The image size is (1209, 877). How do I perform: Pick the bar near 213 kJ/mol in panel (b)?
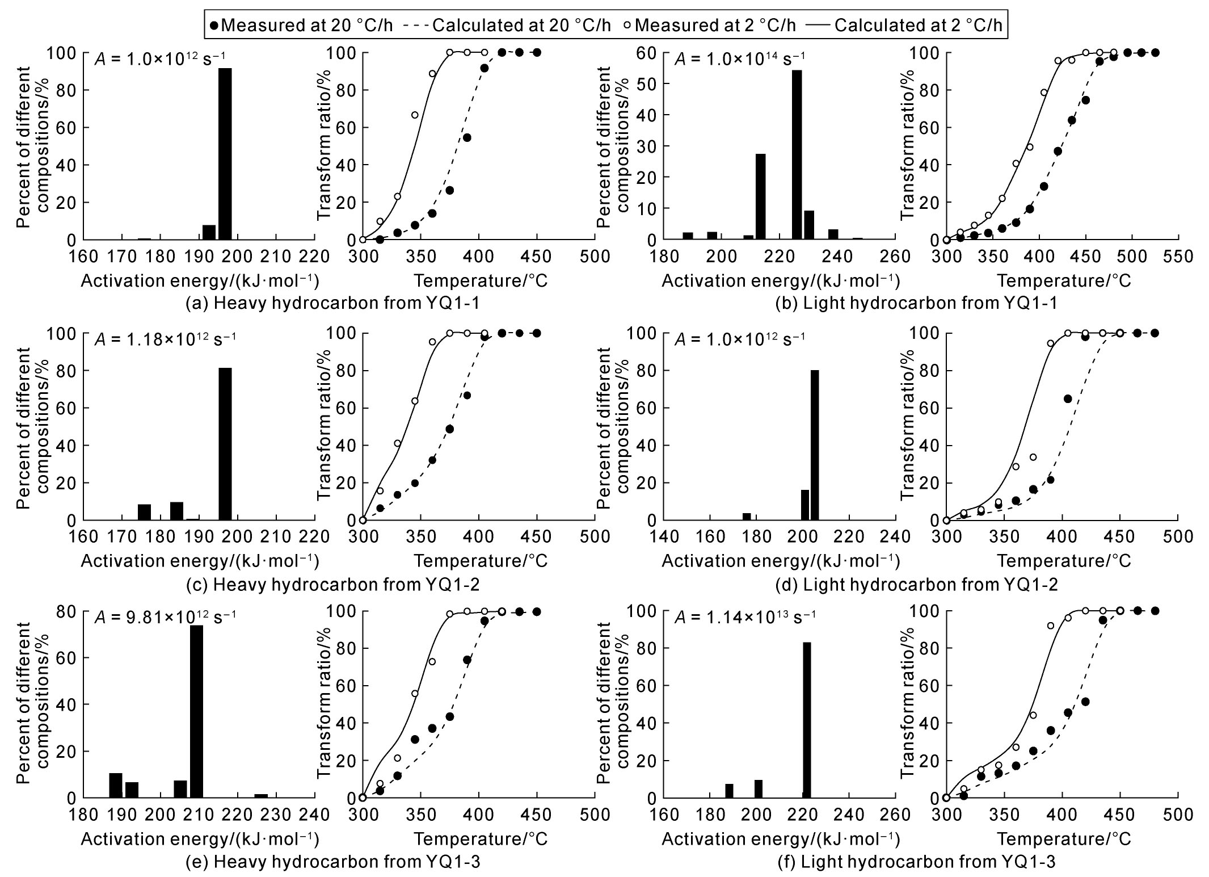761,196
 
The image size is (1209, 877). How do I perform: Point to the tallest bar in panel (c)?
225,444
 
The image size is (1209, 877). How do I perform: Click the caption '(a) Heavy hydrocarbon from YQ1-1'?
332,303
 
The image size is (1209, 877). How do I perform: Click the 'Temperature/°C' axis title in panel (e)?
481,839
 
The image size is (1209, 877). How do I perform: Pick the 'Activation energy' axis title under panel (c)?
200,561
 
